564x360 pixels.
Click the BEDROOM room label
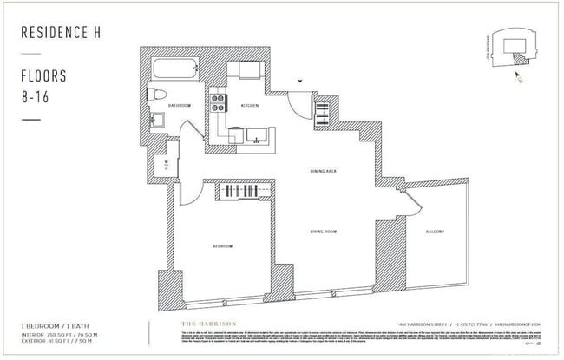[x=223, y=247]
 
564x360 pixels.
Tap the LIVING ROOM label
[x=325, y=232]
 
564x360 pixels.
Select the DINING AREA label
[x=323, y=172]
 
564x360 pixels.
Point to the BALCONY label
[x=436, y=232]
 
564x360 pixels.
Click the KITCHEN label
[x=250, y=105]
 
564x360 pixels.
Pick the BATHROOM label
[x=180, y=105]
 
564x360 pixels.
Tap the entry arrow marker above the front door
[x=301, y=80]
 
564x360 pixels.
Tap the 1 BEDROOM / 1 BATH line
[x=55, y=324]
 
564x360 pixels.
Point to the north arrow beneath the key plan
[x=518, y=75]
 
